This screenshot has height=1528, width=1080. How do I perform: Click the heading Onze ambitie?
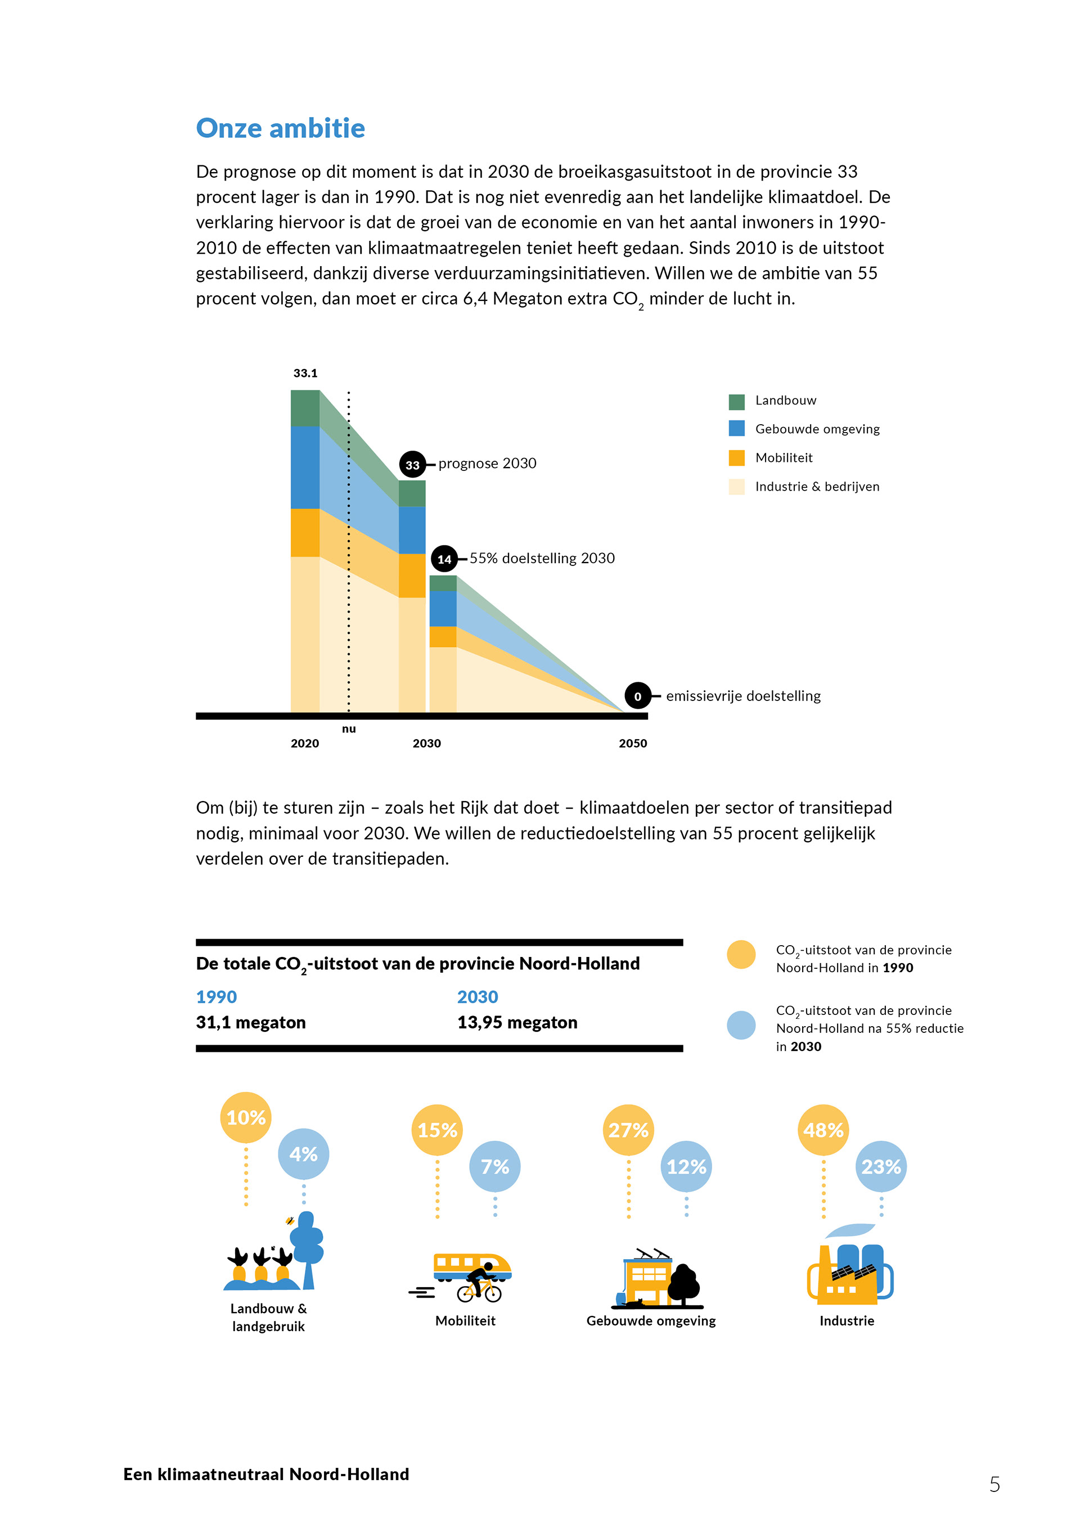pyautogui.click(x=280, y=128)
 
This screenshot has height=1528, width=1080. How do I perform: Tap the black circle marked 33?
pyautogui.click(x=412, y=465)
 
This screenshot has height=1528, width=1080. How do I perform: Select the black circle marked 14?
pyautogui.click(x=444, y=559)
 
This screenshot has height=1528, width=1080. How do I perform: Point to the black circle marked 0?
pyautogui.click(x=637, y=696)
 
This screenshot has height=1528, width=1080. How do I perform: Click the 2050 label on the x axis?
pyautogui.click(x=632, y=743)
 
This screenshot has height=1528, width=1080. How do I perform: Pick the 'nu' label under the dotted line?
pyautogui.click(x=349, y=729)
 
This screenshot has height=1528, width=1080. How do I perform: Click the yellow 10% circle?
pyautogui.click(x=246, y=1117)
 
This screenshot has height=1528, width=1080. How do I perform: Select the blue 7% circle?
pyautogui.click(x=494, y=1167)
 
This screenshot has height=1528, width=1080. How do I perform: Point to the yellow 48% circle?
pyautogui.click(x=822, y=1130)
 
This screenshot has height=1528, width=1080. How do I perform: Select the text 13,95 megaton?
pyautogui.click(x=517, y=1022)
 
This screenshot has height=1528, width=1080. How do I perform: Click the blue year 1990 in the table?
pyautogui.click(x=216, y=997)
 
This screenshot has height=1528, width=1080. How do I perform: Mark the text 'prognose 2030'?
pyautogui.click(x=487, y=463)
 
